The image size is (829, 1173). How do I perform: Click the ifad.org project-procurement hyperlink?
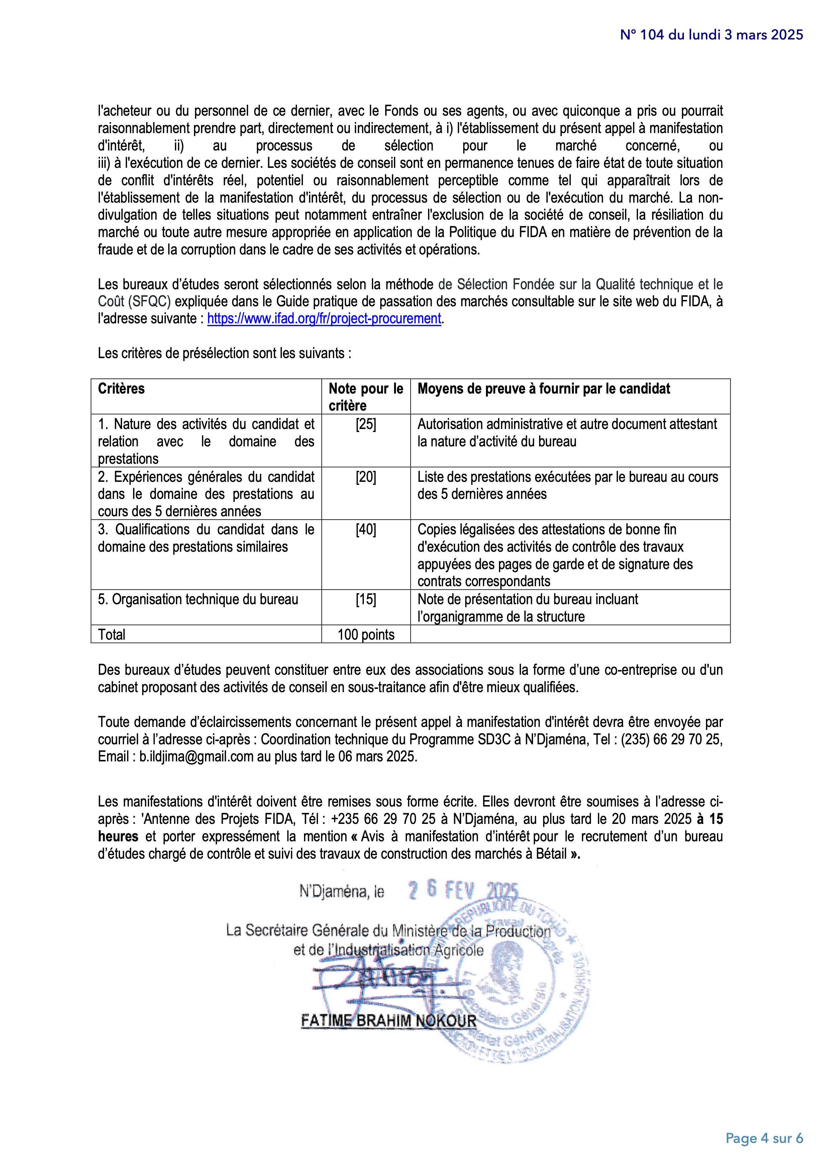click(x=324, y=319)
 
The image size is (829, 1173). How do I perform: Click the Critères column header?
click(x=122, y=389)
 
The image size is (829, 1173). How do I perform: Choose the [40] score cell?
click(x=366, y=530)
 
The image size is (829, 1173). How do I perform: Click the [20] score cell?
click(x=366, y=477)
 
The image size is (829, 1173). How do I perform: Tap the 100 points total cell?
click(x=366, y=635)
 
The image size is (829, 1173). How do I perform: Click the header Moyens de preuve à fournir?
click(x=543, y=389)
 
